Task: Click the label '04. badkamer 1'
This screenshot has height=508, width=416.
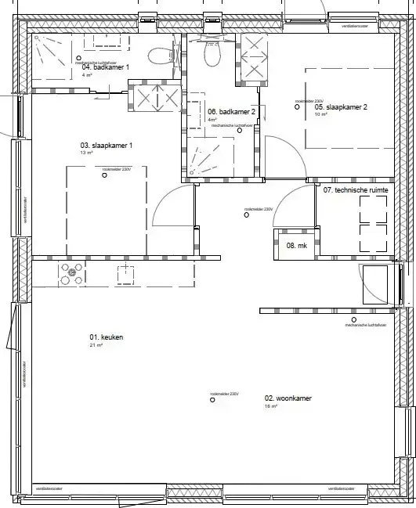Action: (106, 67)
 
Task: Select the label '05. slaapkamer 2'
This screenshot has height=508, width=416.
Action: (341, 107)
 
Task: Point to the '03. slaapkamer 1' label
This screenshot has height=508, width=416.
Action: (107, 146)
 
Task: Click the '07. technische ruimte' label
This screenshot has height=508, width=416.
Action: (356, 189)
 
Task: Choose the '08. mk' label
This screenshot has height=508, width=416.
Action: (295, 246)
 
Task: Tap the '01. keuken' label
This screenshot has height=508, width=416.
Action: (107, 337)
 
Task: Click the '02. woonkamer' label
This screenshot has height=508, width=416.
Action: (288, 398)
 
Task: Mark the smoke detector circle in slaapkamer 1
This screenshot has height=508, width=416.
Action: (104, 175)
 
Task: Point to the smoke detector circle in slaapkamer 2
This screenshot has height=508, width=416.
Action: (296, 108)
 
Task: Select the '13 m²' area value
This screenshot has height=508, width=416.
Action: (87, 153)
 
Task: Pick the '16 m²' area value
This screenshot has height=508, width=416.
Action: (270, 407)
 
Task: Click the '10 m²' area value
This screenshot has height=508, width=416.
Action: (320, 115)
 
